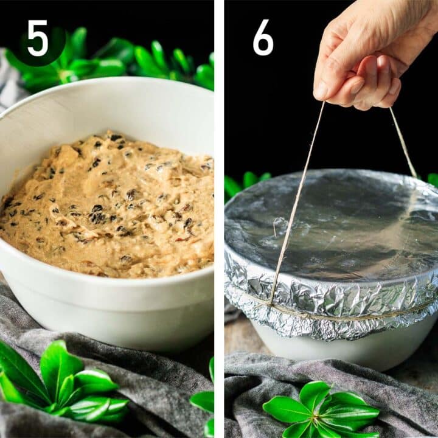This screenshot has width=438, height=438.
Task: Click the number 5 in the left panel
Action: coord(38,38)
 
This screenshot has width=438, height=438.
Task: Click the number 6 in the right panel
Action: coord(263,38)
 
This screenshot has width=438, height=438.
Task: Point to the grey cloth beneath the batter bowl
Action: coord(152,389)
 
